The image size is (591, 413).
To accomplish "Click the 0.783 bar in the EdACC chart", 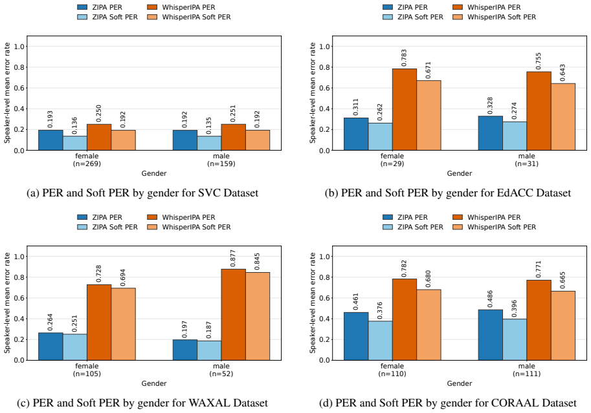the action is (x=405, y=110).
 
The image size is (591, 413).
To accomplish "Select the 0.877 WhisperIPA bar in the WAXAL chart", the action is (x=233, y=315).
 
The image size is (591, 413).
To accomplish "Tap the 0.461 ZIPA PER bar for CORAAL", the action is (x=356, y=336).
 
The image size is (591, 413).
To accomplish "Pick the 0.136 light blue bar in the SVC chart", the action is (x=75, y=143).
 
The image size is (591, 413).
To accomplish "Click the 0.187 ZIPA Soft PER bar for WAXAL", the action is (x=209, y=350).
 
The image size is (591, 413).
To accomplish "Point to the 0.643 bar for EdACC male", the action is (x=563, y=117).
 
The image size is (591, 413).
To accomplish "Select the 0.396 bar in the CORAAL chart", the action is (x=515, y=339).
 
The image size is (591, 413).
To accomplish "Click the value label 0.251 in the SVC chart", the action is (x=232, y=113).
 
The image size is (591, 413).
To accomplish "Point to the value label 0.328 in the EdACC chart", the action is (x=491, y=105).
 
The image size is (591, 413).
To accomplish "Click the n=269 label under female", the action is (x=87, y=164).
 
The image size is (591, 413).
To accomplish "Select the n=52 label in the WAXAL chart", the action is (x=221, y=374).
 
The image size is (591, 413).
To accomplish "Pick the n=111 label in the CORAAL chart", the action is (x=526, y=374).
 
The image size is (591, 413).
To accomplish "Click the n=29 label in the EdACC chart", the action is (x=392, y=164).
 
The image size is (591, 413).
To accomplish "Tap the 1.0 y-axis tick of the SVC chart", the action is (x=19, y=47).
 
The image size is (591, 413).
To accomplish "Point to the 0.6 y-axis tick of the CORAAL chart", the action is (x=324, y=298).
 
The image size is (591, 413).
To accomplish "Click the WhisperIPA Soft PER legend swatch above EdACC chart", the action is (x=457, y=17).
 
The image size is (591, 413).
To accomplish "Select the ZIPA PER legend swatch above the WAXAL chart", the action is (x=82, y=217).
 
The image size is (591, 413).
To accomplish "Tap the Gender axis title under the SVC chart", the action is (x=154, y=174).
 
